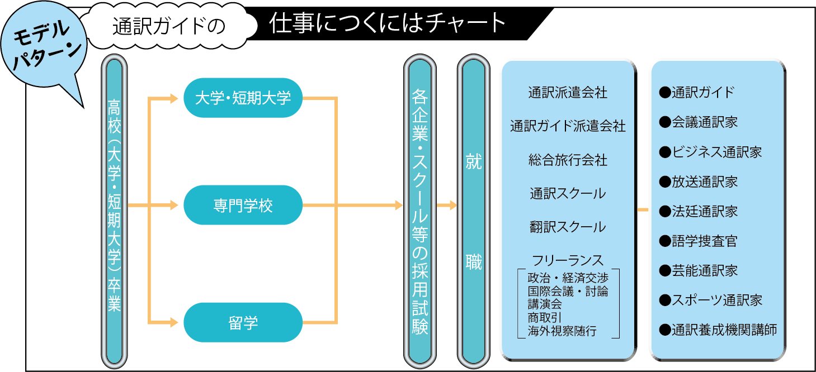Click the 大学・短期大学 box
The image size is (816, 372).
(x=243, y=98)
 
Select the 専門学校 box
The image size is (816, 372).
(x=243, y=205)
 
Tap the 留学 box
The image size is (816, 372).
(x=243, y=322)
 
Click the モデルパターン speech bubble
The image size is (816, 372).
(x=42, y=47)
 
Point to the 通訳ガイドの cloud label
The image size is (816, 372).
(x=168, y=27)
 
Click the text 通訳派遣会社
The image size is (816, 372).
(x=568, y=93)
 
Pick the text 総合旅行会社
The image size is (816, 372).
(x=568, y=160)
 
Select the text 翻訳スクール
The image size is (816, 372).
(x=568, y=227)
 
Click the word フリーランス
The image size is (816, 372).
(x=568, y=260)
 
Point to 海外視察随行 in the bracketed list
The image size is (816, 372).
(x=562, y=331)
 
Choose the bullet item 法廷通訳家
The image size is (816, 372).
(x=699, y=211)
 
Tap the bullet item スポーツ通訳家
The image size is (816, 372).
(x=710, y=300)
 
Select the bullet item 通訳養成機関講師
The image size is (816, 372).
(x=718, y=330)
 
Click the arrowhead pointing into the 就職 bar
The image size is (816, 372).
(x=453, y=205)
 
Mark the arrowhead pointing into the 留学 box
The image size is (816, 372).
(x=173, y=322)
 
